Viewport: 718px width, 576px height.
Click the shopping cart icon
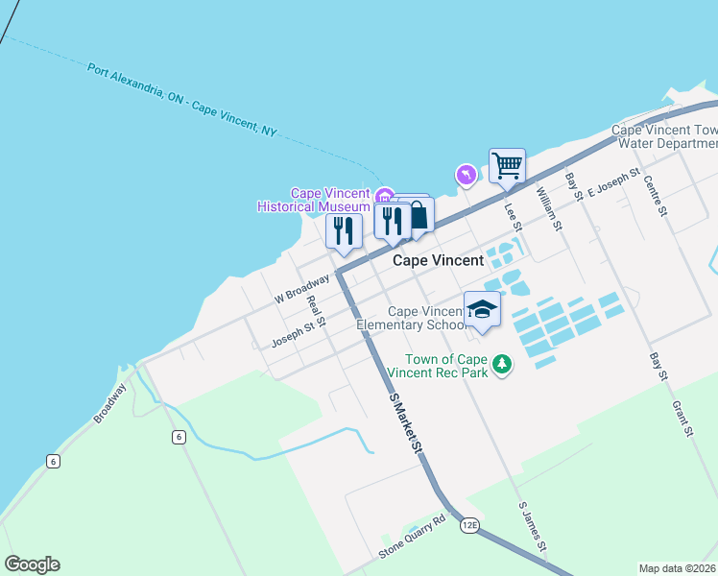[507, 165]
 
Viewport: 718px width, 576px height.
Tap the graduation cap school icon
[482, 309]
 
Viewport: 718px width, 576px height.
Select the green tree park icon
[501, 364]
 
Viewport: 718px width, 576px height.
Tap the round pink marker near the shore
[465, 175]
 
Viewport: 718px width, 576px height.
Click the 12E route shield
[468, 525]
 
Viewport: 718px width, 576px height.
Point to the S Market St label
[406, 422]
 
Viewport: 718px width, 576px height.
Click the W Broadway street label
[301, 289]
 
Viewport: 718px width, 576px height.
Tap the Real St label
[314, 312]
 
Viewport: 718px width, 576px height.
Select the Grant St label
[682, 419]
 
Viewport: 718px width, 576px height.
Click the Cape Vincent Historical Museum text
[314, 200]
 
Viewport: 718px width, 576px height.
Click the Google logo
[32, 564]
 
